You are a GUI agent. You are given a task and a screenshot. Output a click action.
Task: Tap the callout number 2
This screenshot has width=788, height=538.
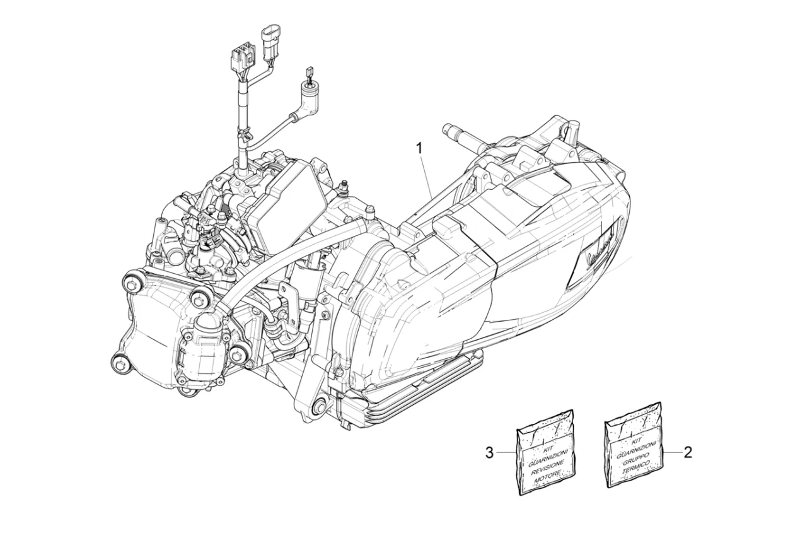[x=688, y=452]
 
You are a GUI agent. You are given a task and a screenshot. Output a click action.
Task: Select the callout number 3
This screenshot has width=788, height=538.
[x=490, y=452]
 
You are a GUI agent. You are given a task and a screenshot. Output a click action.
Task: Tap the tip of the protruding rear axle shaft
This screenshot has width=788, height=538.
[x=448, y=129]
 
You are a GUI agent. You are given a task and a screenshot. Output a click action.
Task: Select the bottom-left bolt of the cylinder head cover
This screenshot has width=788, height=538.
[x=117, y=361]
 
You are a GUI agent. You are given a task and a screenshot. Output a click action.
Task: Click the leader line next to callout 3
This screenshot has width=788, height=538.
[x=506, y=452]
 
